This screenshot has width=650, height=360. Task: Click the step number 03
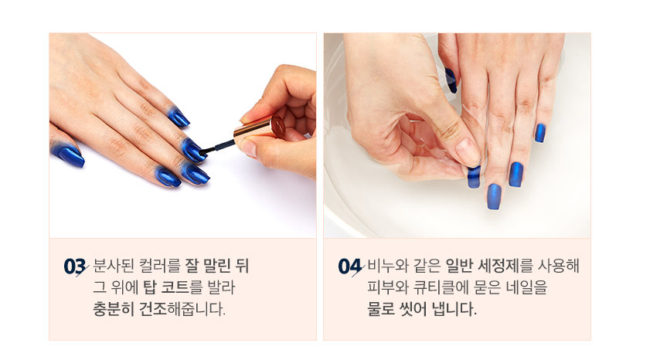74,267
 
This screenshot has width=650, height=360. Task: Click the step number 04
349,267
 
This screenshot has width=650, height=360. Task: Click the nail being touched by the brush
192,150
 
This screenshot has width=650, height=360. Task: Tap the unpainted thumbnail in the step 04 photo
467,151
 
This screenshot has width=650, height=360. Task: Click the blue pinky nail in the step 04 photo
539,133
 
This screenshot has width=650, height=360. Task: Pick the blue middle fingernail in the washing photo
494,196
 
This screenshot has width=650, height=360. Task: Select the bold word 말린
216,266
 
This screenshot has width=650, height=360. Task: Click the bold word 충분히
113,309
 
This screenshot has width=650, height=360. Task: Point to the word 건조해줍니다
182,309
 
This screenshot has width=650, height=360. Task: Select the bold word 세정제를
505,266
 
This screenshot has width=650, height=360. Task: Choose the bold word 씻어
413,309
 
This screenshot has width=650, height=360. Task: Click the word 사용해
558,266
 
